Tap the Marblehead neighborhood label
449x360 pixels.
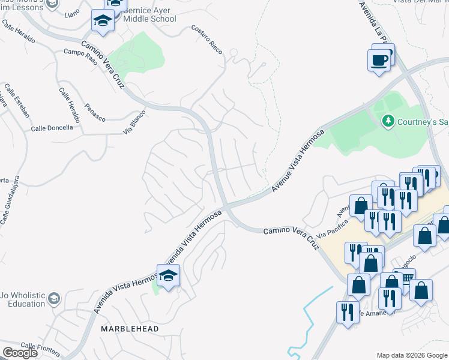130,329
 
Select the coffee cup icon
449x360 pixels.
379,61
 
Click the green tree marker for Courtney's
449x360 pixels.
388,122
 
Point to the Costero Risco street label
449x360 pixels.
207,40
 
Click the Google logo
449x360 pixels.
20,353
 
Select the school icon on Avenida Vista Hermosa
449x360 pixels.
169,276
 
